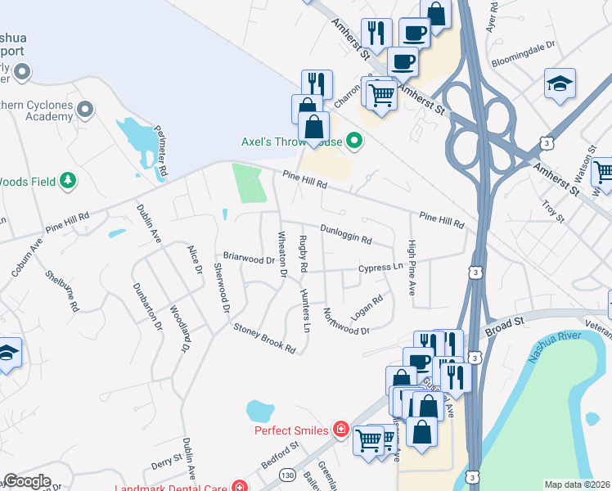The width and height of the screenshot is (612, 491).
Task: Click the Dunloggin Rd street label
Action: pos(345,235)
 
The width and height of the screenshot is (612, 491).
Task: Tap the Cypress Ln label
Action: pos(381,268)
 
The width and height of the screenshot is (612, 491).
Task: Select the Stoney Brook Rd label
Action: pos(264,338)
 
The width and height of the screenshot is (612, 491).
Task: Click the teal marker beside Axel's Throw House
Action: pos(354,142)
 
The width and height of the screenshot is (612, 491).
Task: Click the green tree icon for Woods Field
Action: pos(69,179)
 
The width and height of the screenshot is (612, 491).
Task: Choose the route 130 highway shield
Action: pos(286,475)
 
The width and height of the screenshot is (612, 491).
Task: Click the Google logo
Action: pos(27,481)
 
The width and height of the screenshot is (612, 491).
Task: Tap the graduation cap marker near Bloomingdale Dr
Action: pos(560,84)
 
